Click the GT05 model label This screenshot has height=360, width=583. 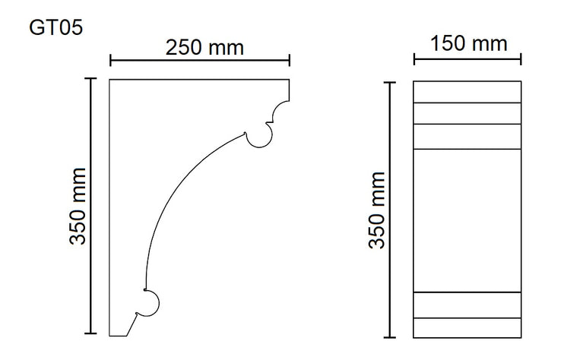click(55, 28)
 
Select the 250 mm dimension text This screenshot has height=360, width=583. click(204, 48)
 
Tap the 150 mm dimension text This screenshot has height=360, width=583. click(468, 43)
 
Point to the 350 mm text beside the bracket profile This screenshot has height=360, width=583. click(78, 206)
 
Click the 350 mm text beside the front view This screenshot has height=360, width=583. click(377, 210)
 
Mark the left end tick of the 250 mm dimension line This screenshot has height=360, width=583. click(110, 60)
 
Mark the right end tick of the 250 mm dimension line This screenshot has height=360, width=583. click(290, 60)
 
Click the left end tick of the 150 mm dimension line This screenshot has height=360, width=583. click(414, 59)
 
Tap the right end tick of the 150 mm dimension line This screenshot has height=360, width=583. click(521, 59)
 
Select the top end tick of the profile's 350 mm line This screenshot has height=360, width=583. click(90, 78)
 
